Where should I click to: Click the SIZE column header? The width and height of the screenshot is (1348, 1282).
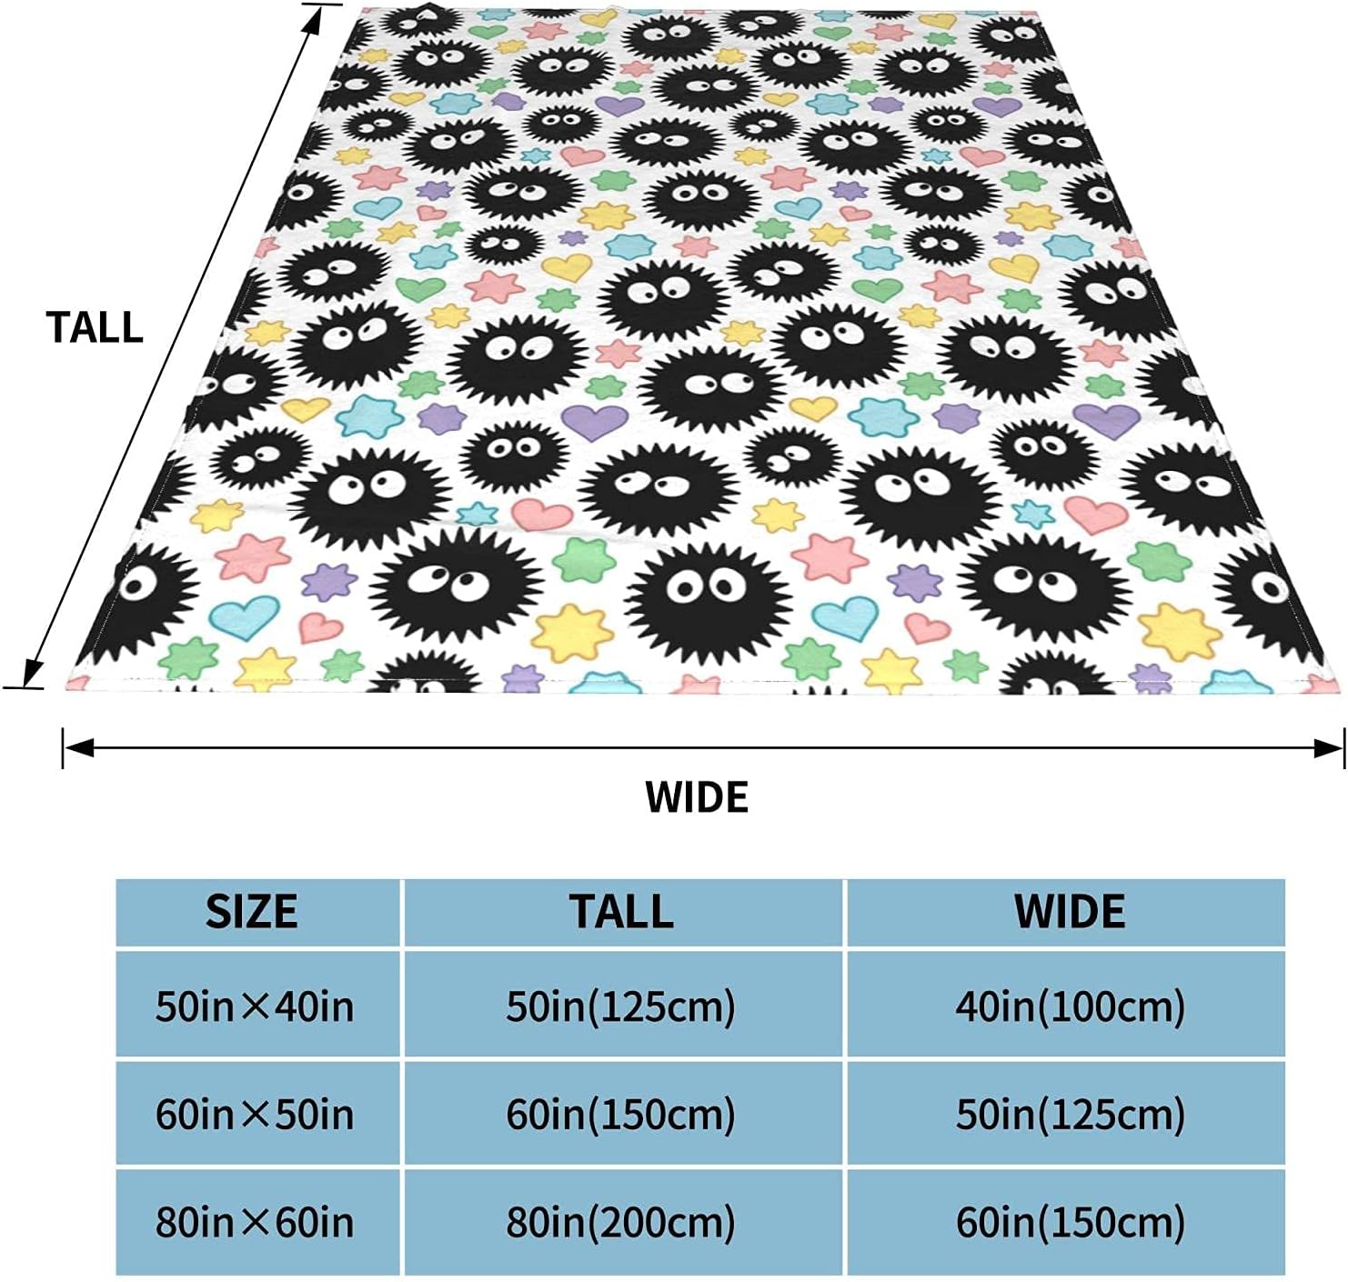point(252,912)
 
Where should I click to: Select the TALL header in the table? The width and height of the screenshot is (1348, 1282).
point(622,912)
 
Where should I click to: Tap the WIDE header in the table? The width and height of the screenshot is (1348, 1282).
point(1069,912)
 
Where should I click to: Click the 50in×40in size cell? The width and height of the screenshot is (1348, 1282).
point(255,1007)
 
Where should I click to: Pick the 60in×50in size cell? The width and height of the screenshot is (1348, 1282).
point(255,1114)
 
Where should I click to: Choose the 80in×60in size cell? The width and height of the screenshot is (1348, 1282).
point(255,1222)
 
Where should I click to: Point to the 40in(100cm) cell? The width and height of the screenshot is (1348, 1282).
point(1070,1007)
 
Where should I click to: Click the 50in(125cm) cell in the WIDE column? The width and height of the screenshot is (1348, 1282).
point(1070,1114)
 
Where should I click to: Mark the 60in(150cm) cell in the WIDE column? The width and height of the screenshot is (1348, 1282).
point(1070,1222)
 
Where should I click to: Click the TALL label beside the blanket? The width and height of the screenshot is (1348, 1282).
point(95,327)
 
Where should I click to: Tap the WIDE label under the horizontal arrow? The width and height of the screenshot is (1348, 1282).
point(697,796)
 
